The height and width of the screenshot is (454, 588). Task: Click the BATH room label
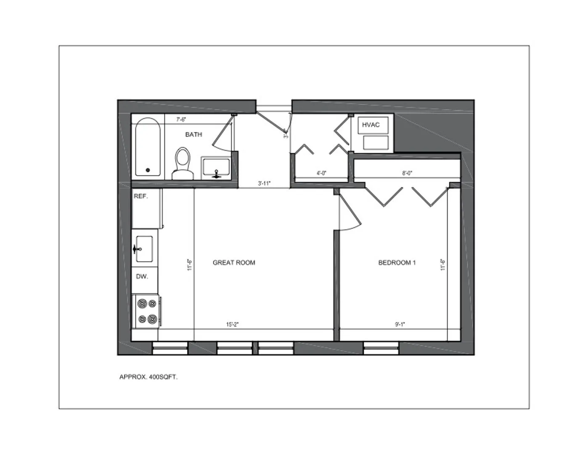click(x=193, y=135)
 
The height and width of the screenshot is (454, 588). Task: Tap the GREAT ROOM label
click(x=234, y=263)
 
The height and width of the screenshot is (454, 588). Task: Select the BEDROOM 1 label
click(x=397, y=263)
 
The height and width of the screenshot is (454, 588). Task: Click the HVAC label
click(x=371, y=125)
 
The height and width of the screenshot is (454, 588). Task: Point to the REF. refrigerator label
click(x=141, y=196)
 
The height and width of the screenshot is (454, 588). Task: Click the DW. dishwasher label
click(x=142, y=277)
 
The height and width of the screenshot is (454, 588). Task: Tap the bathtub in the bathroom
click(x=148, y=147)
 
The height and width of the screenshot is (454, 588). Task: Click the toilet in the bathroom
click(x=183, y=162)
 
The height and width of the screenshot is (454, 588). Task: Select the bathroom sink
click(x=216, y=167)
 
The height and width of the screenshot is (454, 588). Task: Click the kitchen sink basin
click(x=144, y=248)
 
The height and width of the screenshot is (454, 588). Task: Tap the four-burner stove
click(x=147, y=311)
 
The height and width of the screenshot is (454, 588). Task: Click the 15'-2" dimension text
click(x=233, y=325)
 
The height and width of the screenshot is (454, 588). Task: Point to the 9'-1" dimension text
click(x=400, y=325)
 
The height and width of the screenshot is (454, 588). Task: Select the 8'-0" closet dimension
click(x=407, y=173)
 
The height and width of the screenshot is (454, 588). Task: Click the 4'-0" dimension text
click(x=321, y=173)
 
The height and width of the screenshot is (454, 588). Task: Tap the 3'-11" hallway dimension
click(x=264, y=183)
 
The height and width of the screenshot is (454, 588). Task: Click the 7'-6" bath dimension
click(x=181, y=119)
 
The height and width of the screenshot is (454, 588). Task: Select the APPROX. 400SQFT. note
click(x=148, y=377)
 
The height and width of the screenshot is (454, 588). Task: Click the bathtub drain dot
click(x=148, y=170)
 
